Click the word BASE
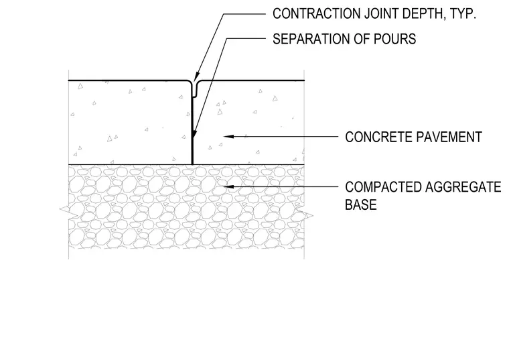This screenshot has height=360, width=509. (x=360, y=204)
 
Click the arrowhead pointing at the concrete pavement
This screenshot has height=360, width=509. (x=228, y=137)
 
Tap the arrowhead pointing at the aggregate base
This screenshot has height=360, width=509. (x=229, y=186)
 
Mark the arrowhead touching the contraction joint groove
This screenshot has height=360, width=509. (x=196, y=76)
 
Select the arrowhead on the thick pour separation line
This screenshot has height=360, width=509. (x=194, y=134)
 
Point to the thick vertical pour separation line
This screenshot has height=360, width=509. (x=192, y=131)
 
